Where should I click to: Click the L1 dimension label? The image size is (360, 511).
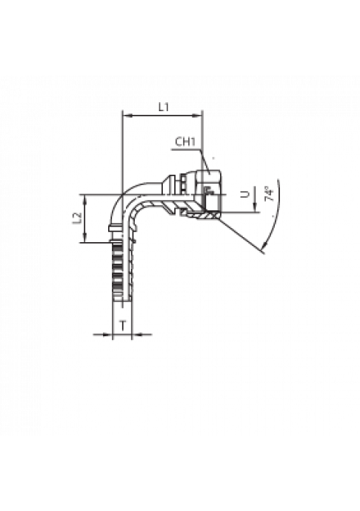click(164, 107)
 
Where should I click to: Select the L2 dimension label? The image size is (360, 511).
click(77, 218)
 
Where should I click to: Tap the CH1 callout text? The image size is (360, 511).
click(185, 141)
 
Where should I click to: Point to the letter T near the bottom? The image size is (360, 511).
click(123, 325)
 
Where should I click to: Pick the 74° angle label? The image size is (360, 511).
click(269, 194)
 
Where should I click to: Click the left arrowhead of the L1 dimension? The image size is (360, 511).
click(127, 116)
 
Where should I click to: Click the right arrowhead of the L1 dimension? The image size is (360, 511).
click(198, 116)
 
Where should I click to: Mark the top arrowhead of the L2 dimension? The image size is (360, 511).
click(85, 199)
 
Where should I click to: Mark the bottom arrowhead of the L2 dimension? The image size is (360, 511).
click(85, 238)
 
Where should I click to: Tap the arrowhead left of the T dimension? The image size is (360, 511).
click(107, 334)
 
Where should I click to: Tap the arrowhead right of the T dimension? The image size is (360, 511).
click(136, 334)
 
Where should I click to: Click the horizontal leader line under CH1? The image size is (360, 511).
click(186, 150)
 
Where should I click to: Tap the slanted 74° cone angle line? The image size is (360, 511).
click(241, 235)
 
